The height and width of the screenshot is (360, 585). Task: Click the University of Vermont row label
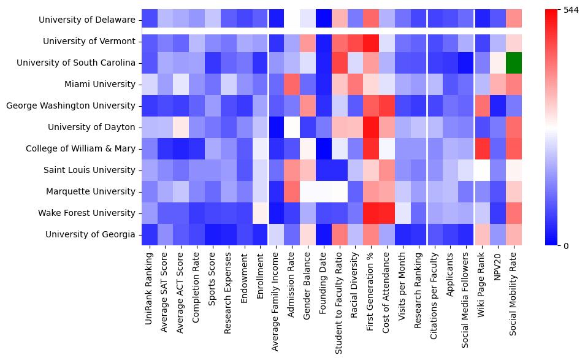(89, 41)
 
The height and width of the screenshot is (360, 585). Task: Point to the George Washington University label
(71, 105)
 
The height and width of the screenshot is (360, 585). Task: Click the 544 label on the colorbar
(571, 10)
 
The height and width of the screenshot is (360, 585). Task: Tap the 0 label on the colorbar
(565, 246)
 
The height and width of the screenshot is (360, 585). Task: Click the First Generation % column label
(370, 288)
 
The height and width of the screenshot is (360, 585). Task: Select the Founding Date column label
(323, 282)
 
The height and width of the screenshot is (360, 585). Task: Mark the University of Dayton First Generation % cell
(370, 127)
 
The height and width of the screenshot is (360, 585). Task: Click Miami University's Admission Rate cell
(291, 84)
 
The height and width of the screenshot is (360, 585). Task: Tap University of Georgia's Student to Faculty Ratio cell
(338, 234)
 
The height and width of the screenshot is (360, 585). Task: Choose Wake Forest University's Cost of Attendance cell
(386, 213)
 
